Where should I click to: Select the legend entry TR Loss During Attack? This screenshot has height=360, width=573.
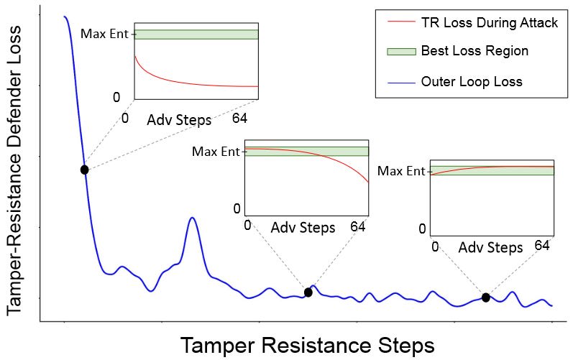tap(489, 23)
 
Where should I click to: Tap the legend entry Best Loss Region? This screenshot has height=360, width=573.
tap(475, 51)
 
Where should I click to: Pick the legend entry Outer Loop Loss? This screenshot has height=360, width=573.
tap(472, 82)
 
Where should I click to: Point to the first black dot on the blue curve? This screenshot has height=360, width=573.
tap(85, 170)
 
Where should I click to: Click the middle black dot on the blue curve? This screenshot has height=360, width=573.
tap(308, 292)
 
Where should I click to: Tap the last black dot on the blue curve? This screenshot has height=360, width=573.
tap(486, 297)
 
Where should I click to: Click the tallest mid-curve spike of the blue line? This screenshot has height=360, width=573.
tap(192, 218)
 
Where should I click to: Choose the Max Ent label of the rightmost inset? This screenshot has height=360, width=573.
tap(401, 171)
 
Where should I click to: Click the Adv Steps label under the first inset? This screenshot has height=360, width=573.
tap(179, 119)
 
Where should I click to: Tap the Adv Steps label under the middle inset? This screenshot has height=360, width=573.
tap(303, 229)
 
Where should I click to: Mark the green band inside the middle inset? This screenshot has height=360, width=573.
tap(306, 152)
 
